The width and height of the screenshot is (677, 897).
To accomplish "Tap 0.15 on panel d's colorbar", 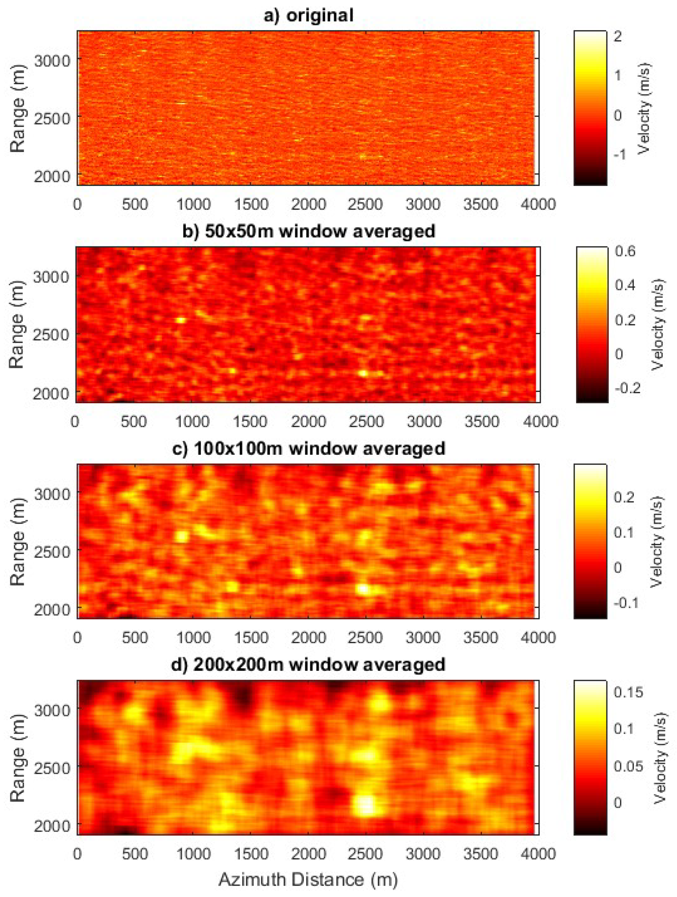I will tap(628, 692).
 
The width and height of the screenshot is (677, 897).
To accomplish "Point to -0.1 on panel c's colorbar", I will tap(626, 603).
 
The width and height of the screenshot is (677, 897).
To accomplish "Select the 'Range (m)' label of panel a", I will tap(18, 108).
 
